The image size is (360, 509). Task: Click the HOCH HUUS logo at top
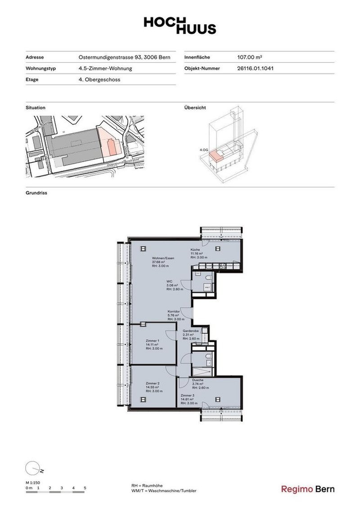click(x=180, y=25)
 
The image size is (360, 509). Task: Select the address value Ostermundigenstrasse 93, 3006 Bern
click(x=124, y=58)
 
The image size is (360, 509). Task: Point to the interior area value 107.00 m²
click(x=249, y=58)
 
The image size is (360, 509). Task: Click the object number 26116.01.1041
click(x=255, y=69)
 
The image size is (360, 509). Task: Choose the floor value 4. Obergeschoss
click(x=99, y=80)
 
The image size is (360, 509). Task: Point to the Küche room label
click(x=195, y=249)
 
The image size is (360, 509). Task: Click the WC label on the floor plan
click(x=170, y=281)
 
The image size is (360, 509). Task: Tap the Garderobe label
click(x=188, y=331)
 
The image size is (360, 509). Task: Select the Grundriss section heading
click(x=36, y=193)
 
